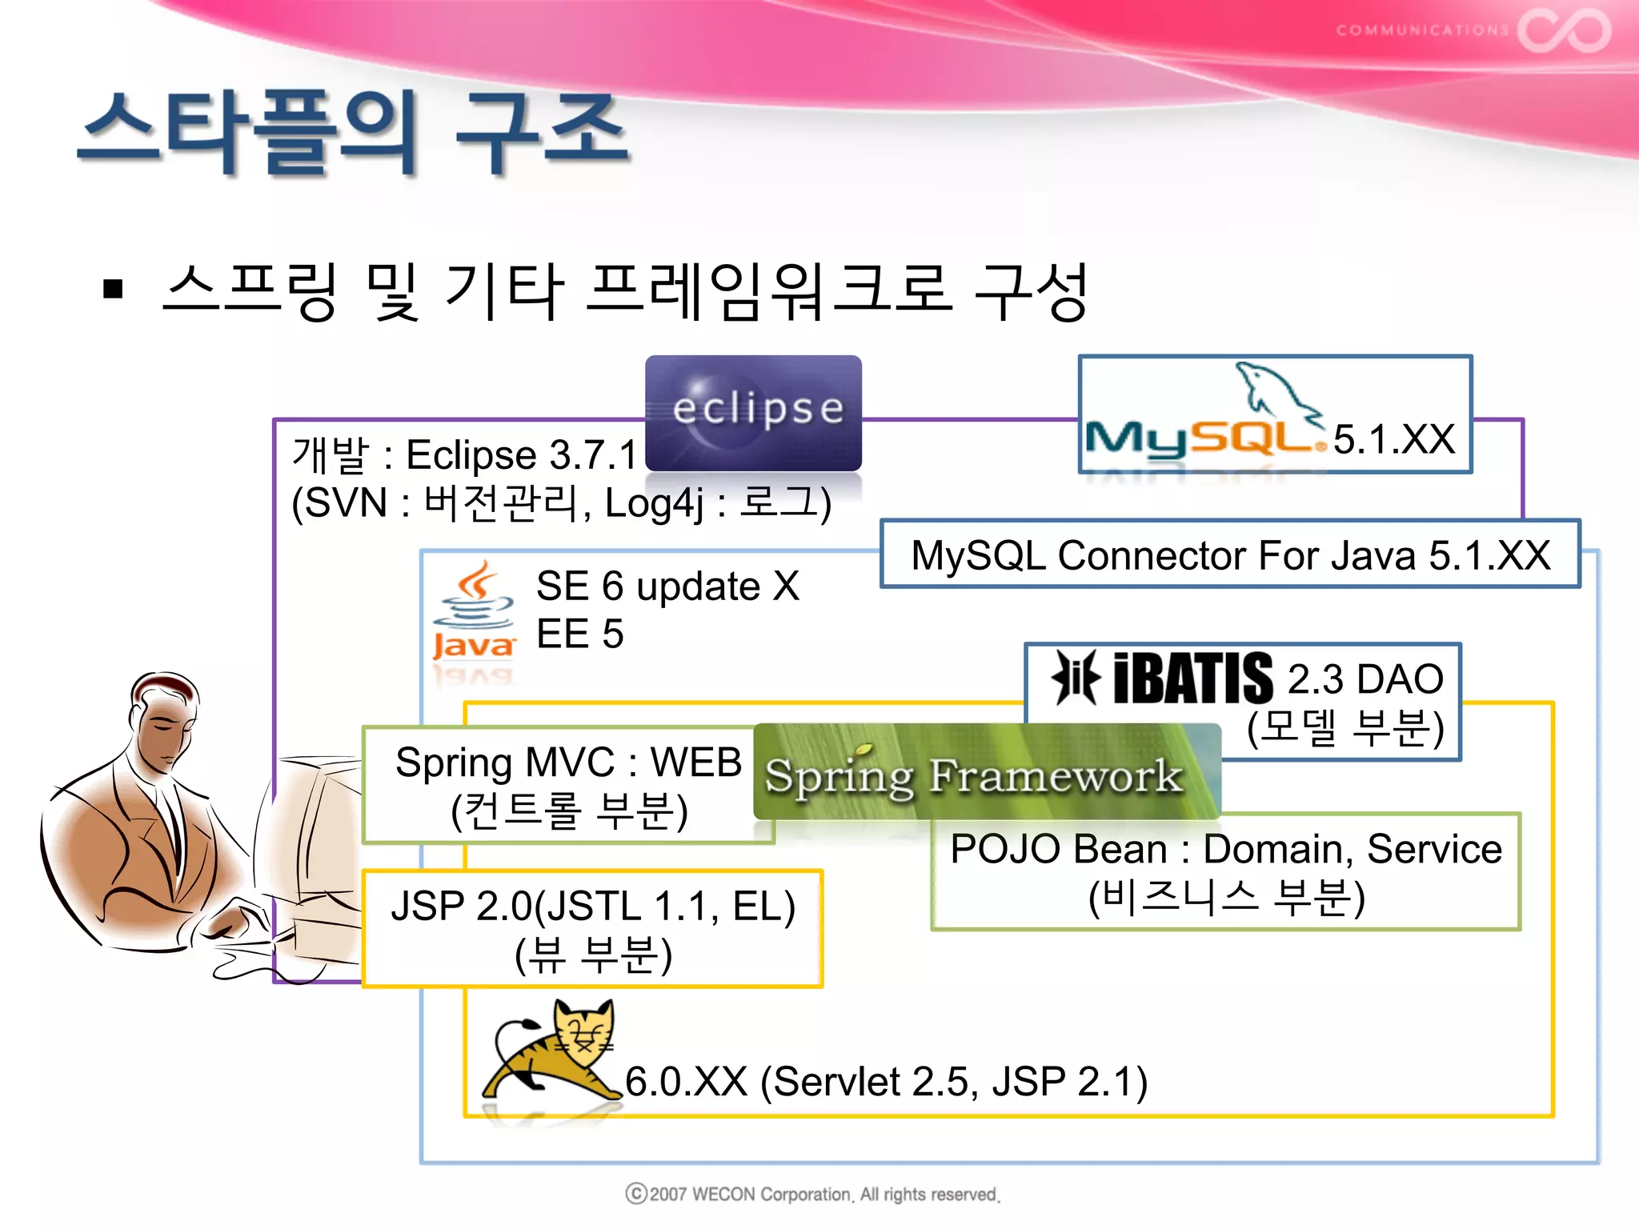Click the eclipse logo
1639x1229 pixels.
(753, 412)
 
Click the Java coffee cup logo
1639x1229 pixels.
(475, 613)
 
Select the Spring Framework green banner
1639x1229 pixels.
(987, 772)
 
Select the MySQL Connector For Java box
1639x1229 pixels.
(1230, 554)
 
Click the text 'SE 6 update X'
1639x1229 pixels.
(667, 586)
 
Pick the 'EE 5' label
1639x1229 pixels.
(579, 635)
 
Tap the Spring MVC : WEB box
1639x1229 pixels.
(568, 785)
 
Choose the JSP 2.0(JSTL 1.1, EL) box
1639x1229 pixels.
(592, 929)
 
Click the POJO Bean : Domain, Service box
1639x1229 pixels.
(1225, 871)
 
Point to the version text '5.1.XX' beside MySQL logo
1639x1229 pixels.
(1393, 439)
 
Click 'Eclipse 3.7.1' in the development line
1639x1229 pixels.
(521, 454)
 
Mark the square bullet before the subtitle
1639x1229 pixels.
(113, 289)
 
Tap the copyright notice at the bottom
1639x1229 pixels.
(812, 1194)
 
